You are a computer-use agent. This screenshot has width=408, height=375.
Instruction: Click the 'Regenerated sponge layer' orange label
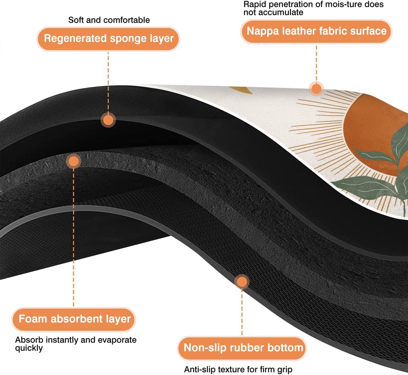(x=108, y=39)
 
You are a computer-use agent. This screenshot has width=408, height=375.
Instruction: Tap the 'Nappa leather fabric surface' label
(x=316, y=31)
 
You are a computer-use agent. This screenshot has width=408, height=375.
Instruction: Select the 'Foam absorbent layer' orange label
(x=74, y=319)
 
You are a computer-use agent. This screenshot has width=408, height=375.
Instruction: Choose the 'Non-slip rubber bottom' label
(x=242, y=348)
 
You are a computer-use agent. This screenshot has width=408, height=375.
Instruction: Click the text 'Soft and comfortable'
(x=109, y=20)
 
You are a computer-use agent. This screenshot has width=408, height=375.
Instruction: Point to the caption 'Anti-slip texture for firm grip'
(x=238, y=369)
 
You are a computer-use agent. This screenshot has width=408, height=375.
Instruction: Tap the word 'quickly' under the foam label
(x=29, y=348)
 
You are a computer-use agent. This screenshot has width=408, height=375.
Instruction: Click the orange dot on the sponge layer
(x=108, y=120)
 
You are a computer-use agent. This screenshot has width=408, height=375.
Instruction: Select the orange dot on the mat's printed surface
(x=316, y=88)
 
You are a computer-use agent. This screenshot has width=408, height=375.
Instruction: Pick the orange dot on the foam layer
(x=74, y=161)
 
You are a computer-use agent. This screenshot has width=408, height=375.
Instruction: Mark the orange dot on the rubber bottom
(x=242, y=282)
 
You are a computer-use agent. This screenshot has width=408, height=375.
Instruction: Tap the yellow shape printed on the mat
(x=242, y=90)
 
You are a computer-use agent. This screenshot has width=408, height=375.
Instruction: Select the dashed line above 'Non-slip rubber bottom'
(x=242, y=312)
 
